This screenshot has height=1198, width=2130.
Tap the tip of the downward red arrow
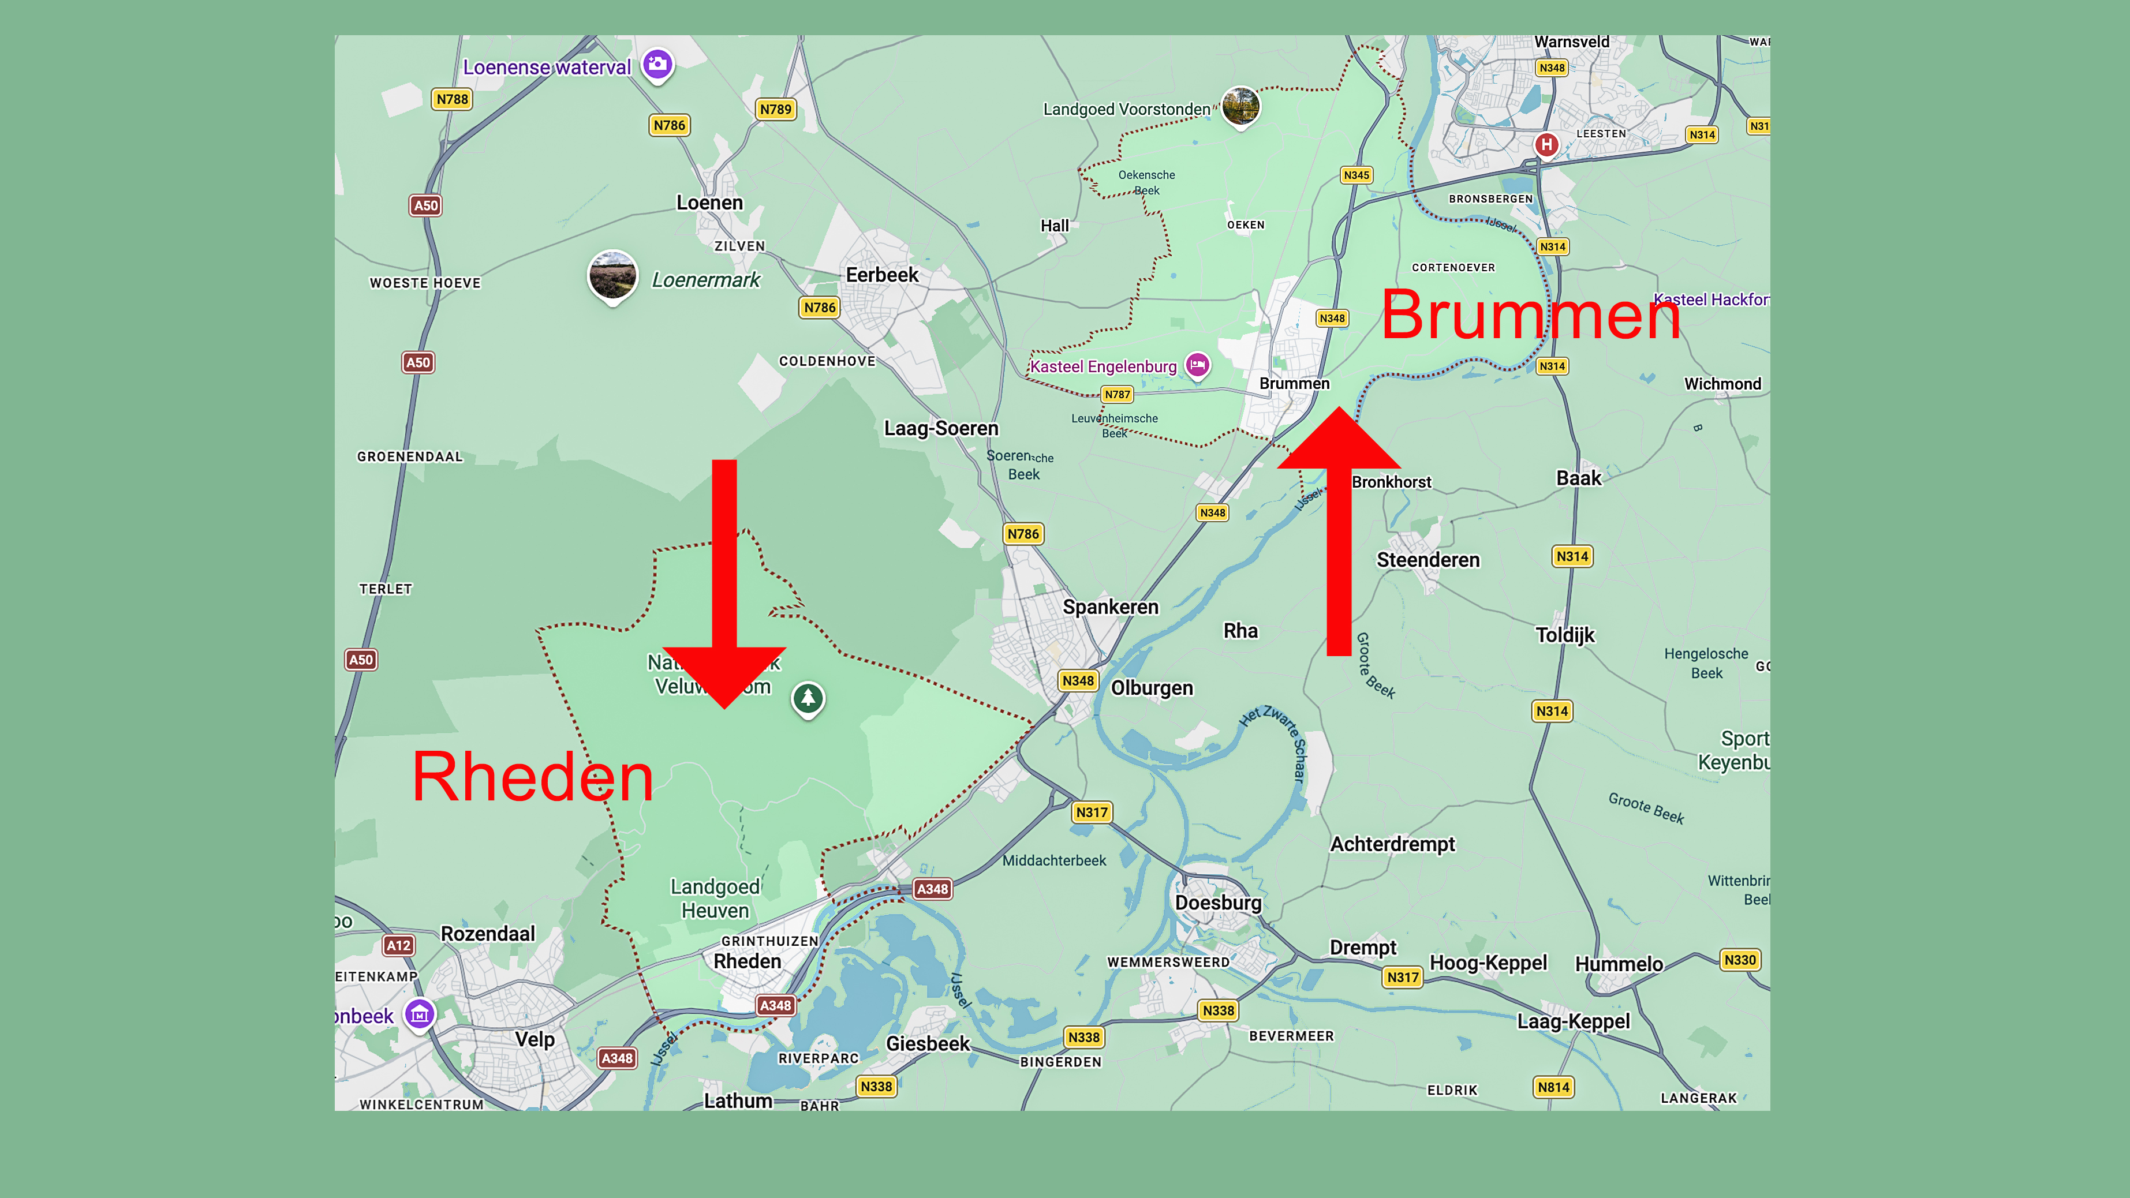tap(724, 705)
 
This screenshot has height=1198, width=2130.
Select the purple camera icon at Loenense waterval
tap(658, 63)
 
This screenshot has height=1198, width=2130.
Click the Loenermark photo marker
tap(612, 275)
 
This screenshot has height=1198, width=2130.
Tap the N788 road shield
tap(453, 99)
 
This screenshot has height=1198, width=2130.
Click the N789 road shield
tap(776, 109)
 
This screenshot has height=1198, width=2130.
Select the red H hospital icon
tap(1546, 145)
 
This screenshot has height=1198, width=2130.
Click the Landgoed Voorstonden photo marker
tap(1240, 105)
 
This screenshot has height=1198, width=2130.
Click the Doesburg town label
tap(1218, 903)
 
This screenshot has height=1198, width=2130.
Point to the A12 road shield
tap(398, 945)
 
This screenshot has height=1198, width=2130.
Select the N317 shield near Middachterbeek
tap(1092, 812)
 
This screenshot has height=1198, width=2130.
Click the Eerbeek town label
tap(881, 275)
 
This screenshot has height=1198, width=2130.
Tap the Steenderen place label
tap(1428, 560)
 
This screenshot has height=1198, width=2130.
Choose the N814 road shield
tap(1553, 1087)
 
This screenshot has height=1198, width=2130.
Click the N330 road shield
tap(1740, 960)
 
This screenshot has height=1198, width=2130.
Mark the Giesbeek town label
tap(928, 1043)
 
